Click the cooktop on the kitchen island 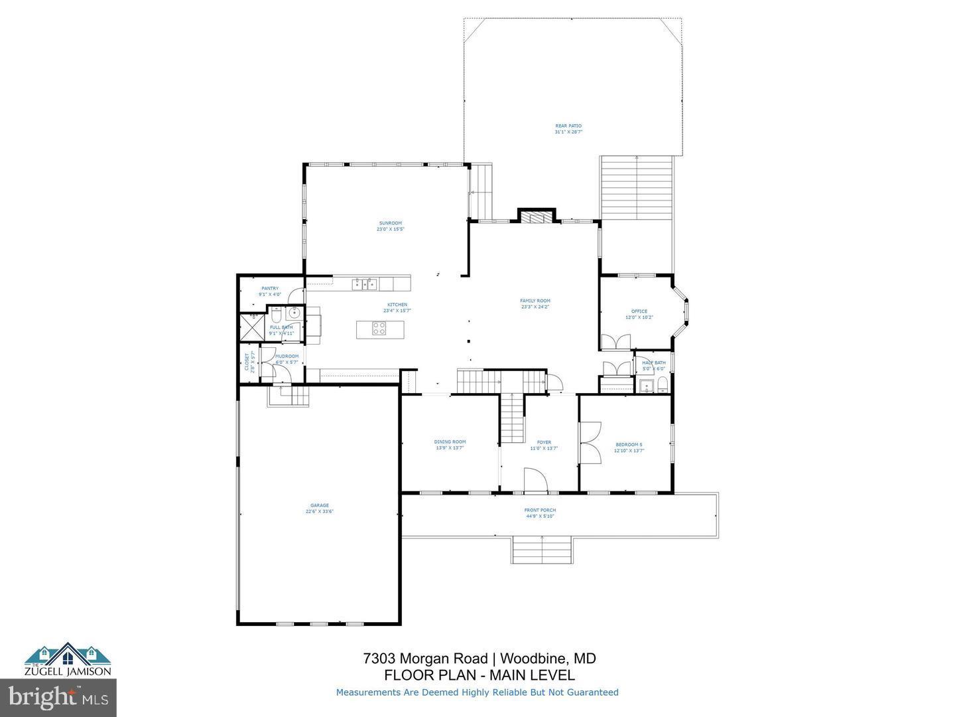pos(379,329)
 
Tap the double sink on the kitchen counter pos(364,285)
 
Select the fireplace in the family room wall pos(535,216)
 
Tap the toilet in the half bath pos(661,384)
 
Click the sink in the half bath pos(643,384)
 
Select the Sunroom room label pos(391,223)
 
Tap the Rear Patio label pos(568,125)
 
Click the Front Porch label pos(540,510)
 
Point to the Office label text pos(639,311)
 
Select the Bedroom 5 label pos(629,444)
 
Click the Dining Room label pos(450,441)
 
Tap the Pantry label pos(270,288)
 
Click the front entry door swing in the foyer pos(535,480)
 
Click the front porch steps pos(542,549)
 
